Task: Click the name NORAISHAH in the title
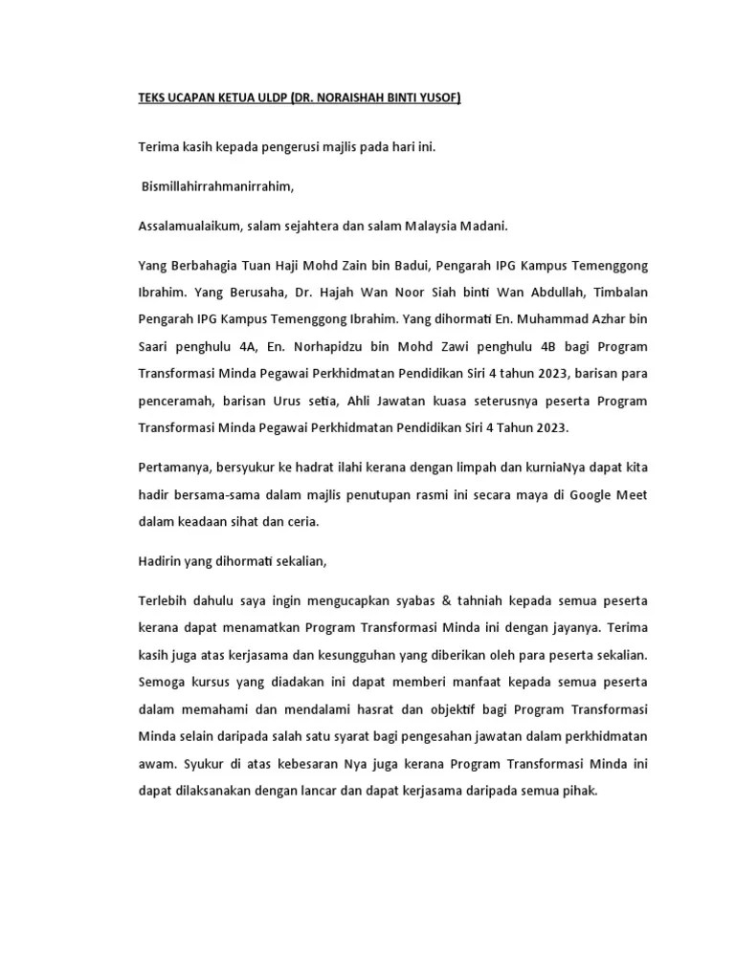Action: click(x=357, y=98)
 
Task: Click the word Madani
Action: click(x=484, y=226)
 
